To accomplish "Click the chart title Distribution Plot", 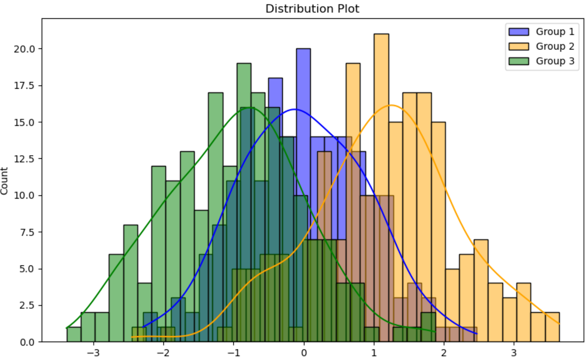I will pos(312,9).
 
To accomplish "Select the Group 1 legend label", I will pos(555,32).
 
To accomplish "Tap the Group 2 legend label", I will pos(555,46).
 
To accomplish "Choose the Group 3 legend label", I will pos(555,61).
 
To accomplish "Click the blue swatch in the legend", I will pos(520,32).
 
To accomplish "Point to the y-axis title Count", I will pos(5,180).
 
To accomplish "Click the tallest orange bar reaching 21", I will pos(381,129).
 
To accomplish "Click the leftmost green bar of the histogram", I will pos(74,335).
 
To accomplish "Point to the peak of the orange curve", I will pos(391,105).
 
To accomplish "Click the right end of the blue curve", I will pos(477,333).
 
